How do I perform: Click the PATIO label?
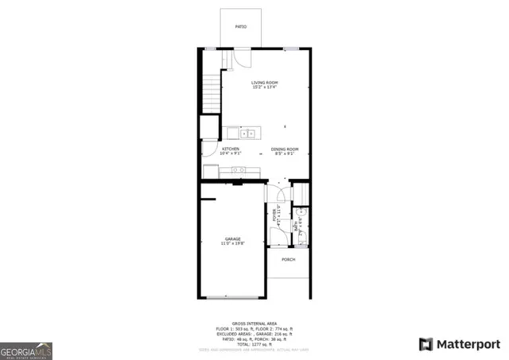coord(240,27)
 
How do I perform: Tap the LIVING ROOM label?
coord(264,83)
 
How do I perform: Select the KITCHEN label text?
coord(231,149)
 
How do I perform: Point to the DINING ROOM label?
coord(284,149)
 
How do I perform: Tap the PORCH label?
coord(288,259)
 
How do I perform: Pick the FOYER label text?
coord(275,213)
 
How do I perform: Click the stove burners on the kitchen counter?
coord(238,170)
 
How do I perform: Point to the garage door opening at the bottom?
coord(231,297)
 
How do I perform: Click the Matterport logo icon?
coord(426,344)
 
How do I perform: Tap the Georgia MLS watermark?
coord(26,350)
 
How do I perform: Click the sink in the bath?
coord(301,214)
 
